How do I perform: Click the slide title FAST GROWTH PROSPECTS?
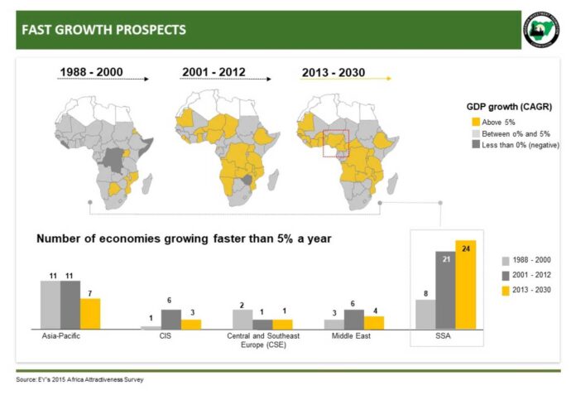tap(103, 31)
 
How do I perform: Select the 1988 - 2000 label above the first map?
tap(91, 73)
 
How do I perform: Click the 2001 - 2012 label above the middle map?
tap(213, 73)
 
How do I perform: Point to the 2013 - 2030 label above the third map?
tap(333, 73)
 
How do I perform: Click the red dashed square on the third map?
tap(336, 142)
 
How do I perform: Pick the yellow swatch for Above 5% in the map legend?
tap(475, 123)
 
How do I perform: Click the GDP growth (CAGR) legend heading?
tap(509, 107)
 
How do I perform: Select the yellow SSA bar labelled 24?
tap(466, 286)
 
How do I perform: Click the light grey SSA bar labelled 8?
tap(425, 315)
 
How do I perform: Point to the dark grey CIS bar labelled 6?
tap(171, 319)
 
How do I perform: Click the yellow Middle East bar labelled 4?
tap(374, 322)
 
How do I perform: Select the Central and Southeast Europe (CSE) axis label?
tap(263, 341)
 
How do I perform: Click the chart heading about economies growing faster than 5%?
tap(184, 239)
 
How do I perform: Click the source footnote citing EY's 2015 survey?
tap(79, 380)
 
